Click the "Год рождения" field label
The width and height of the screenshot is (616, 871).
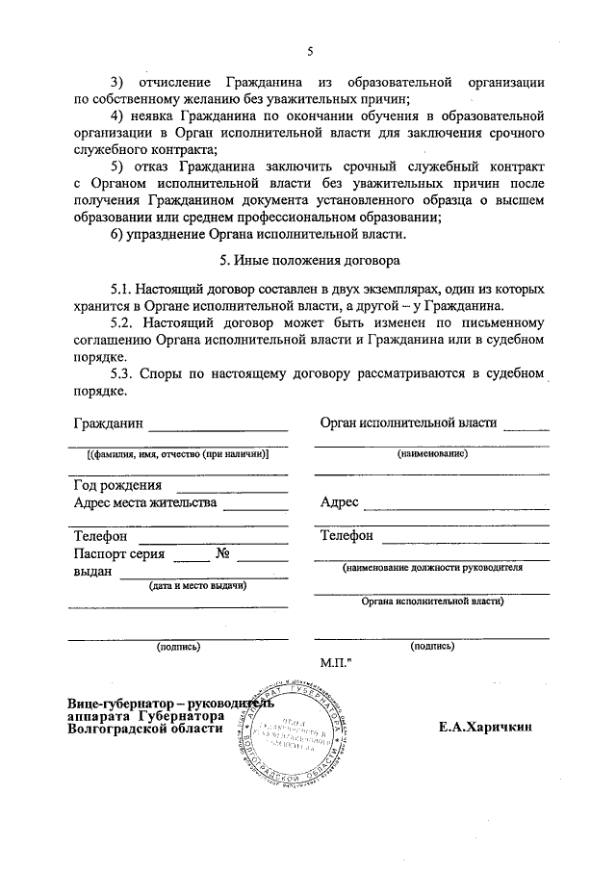117,485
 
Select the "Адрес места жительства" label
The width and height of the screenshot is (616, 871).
145,501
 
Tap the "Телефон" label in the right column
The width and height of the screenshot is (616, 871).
346,535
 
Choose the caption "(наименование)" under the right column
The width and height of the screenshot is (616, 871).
432,453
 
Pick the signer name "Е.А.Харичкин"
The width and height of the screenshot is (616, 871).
485,728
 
